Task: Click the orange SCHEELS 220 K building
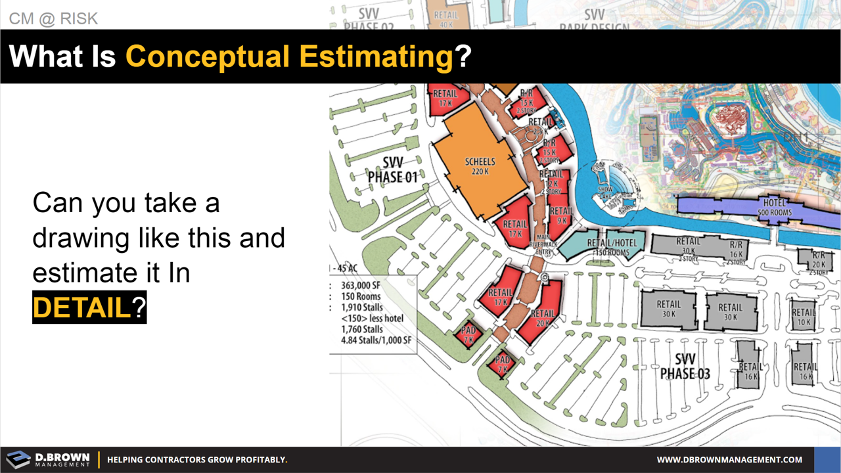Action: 476,164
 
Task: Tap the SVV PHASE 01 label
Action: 394,170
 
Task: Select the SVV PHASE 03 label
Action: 685,367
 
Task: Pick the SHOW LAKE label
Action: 604,192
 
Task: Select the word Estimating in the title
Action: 376,56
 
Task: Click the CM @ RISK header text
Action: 53,19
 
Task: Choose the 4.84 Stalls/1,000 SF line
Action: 376,340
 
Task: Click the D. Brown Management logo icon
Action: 18,459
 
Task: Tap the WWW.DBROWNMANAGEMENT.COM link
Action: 729,460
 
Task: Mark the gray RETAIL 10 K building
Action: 803,317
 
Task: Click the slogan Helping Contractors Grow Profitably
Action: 197,460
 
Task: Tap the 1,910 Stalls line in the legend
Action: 362,307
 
